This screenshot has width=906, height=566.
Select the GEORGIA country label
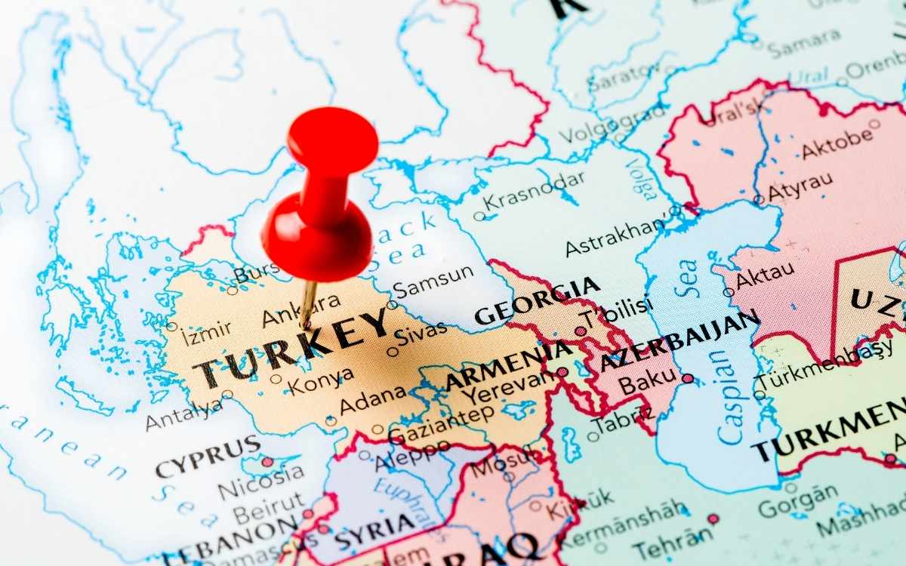tap(537, 300)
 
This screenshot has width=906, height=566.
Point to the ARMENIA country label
tap(507, 366)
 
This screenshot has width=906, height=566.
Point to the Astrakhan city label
tap(615, 238)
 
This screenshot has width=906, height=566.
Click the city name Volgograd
tap(612, 122)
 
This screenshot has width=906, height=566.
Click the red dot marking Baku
tap(687, 378)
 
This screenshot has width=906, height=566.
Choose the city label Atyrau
tap(800, 186)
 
